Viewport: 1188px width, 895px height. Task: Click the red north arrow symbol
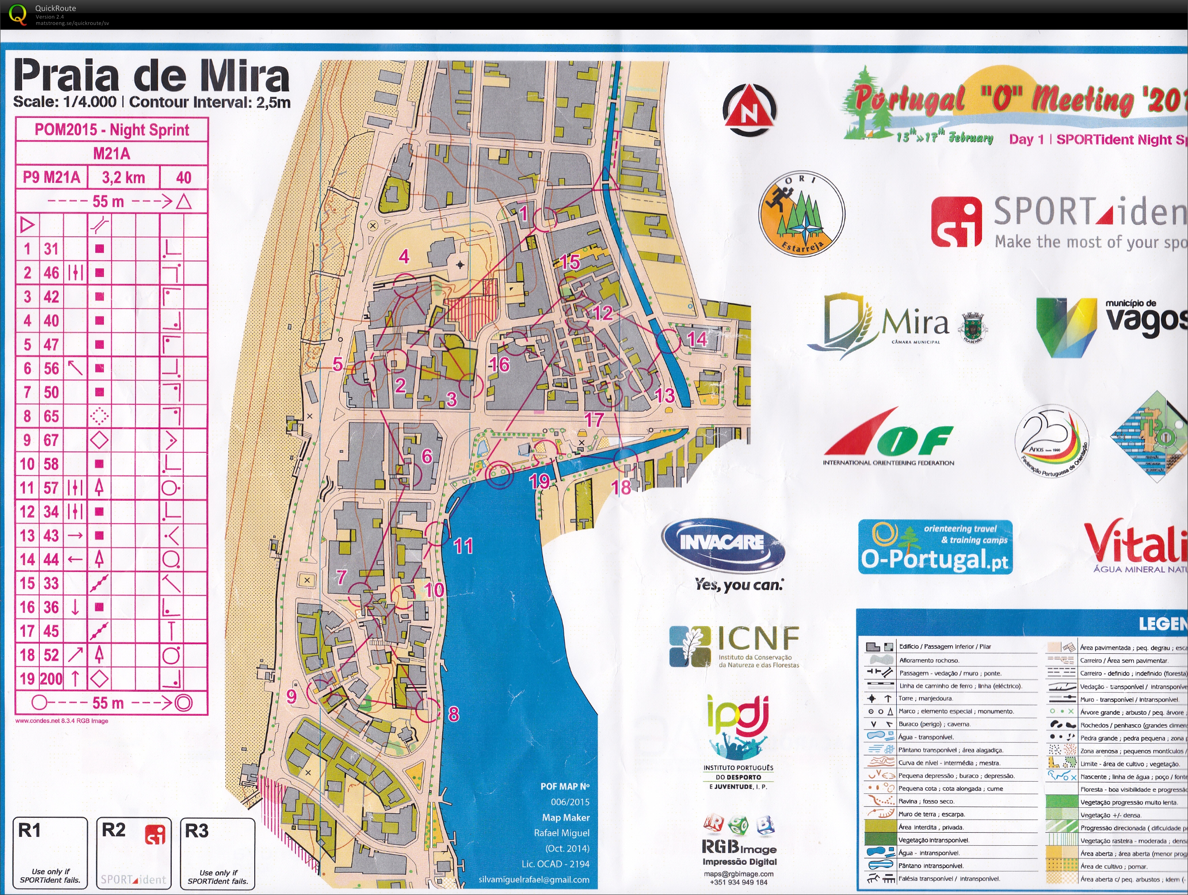749,110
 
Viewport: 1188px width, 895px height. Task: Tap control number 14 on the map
697,339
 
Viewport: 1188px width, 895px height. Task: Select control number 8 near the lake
454,714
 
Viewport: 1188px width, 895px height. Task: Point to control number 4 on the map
404,256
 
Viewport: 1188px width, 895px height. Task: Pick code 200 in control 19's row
51,679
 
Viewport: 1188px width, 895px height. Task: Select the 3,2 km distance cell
123,177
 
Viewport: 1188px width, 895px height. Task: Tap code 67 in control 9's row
51,440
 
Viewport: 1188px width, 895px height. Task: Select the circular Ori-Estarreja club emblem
801,214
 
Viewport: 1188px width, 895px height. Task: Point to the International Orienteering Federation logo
889,438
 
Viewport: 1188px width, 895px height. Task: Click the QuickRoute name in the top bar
55,8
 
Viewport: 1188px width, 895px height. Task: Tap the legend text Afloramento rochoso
929,660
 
